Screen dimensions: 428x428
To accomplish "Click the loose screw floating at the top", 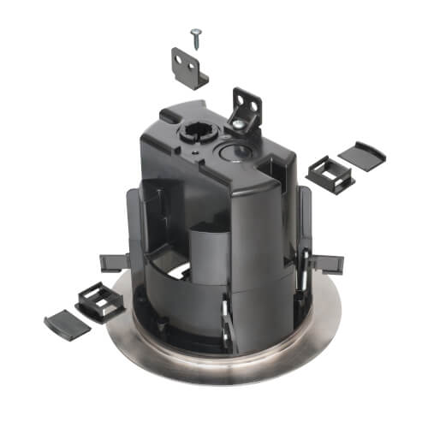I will pyautogui.click(x=196, y=33).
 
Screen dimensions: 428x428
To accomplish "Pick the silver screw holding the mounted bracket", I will pyautogui.click(x=235, y=126).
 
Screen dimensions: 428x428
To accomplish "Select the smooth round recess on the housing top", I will pyautogui.click(x=235, y=152).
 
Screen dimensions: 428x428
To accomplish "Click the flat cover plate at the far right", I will pyautogui.click(x=363, y=155).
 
